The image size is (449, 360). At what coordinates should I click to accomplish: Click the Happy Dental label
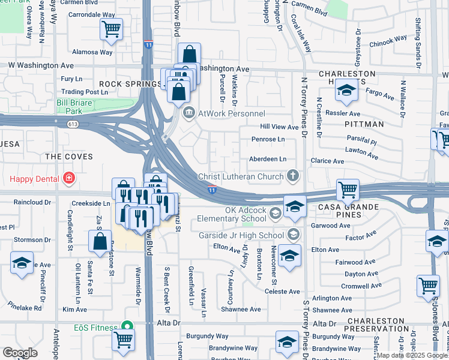(34, 179)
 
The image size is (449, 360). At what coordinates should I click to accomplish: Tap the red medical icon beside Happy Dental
(69, 179)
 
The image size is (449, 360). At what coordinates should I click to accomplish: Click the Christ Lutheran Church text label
(241, 176)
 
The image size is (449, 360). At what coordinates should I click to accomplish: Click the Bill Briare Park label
(77, 107)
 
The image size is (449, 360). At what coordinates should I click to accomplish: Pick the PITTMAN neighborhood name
(364, 124)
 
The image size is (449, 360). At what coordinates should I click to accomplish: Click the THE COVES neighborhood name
(69, 157)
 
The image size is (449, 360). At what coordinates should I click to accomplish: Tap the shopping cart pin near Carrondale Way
(111, 28)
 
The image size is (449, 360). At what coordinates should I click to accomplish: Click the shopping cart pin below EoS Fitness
(123, 340)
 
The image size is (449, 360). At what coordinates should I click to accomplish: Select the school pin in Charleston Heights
(346, 91)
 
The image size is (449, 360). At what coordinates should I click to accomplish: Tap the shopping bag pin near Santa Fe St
(100, 241)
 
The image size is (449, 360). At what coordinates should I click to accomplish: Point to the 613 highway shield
(73, 124)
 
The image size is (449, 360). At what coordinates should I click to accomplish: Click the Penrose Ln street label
(268, 139)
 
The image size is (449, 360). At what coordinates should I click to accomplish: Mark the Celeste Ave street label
(282, 292)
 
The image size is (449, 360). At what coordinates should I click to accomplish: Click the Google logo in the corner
(20, 353)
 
